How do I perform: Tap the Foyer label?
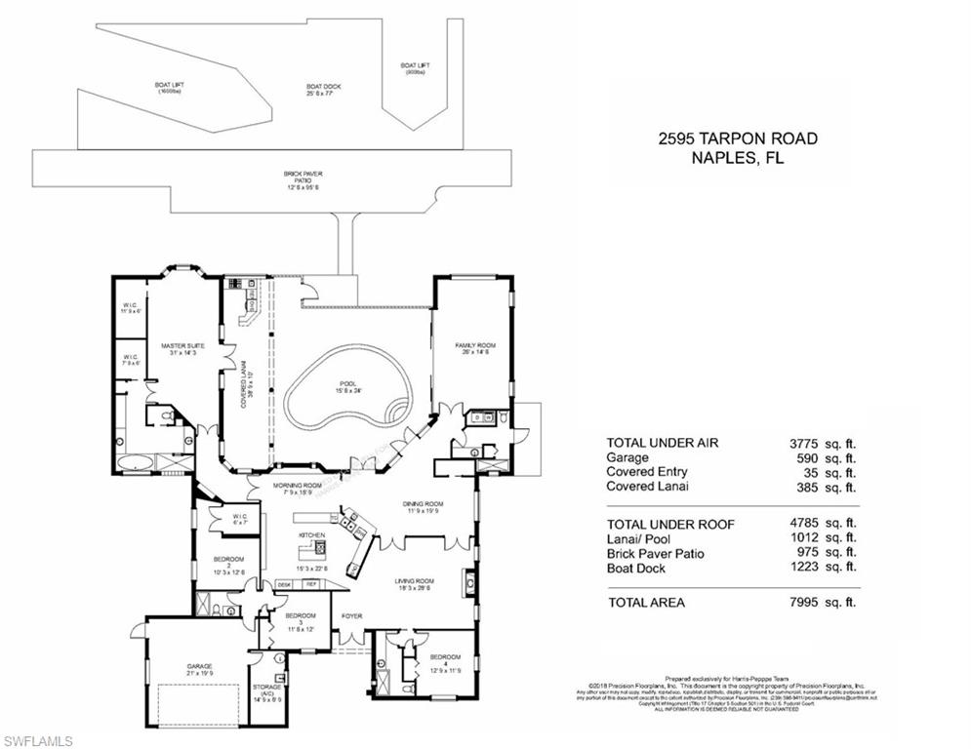tap(350, 616)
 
